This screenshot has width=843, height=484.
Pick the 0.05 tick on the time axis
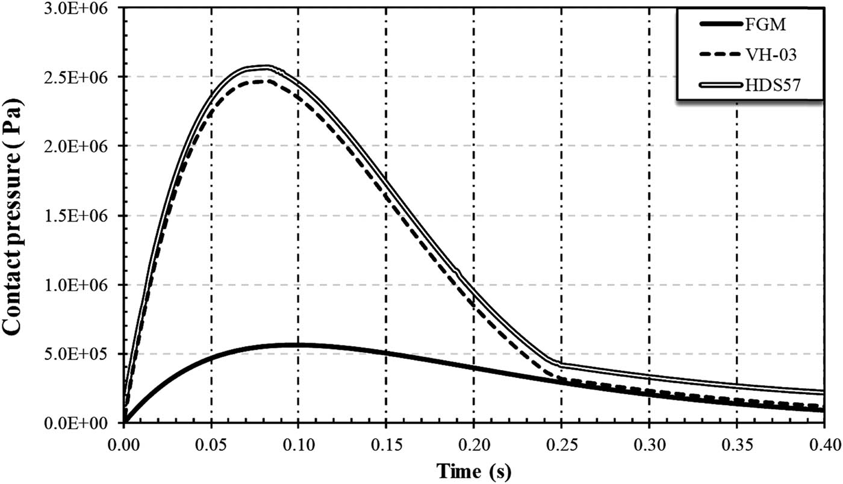(211, 445)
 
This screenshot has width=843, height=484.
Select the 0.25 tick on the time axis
(561, 445)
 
